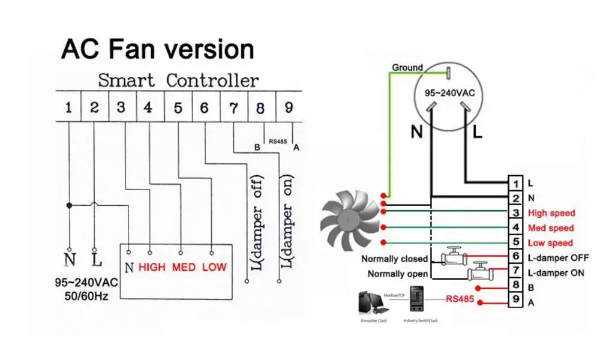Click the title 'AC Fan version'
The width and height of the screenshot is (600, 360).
[157, 49]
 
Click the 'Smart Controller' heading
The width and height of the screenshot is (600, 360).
[178, 80]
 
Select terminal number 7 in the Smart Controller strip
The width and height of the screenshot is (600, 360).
[233, 108]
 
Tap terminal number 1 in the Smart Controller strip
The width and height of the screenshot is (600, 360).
[68, 108]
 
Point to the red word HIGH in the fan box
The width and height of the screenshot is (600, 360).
[152, 267]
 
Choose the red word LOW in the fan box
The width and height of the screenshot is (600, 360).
[214, 267]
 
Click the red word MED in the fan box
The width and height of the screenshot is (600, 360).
[184, 267]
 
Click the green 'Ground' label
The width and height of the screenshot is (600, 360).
[407, 68]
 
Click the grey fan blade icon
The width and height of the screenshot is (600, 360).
[347, 217]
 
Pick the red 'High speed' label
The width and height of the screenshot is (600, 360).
[551, 213]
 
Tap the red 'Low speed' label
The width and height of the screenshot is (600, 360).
[550, 243]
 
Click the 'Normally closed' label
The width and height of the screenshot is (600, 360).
[394, 259]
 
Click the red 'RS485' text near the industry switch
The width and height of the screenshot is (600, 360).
[460, 297]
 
